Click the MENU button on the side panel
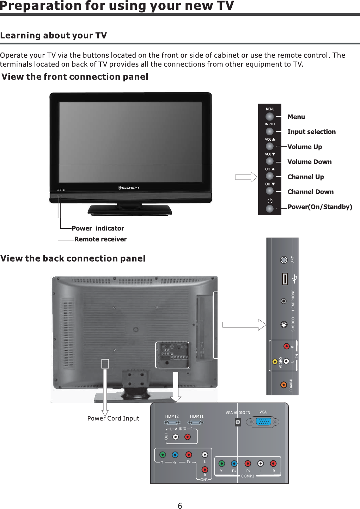[270, 116]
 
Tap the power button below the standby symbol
[270, 208]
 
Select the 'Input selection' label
[311, 132]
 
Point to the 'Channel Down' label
[310, 192]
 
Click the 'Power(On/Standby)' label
[319, 207]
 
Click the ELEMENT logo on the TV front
[129, 188]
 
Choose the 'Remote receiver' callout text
[100, 239]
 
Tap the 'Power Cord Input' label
[113, 418]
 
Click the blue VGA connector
[263, 422]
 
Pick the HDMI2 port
[172, 422]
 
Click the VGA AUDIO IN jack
[238, 422]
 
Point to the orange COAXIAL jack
[283, 385]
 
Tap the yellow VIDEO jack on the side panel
[275, 361]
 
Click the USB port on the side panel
[285, 278]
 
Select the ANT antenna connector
[284, 260]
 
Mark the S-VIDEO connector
[284, 325]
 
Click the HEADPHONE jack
[284, 301]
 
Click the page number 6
[180, 506]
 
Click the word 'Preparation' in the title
[41, 6]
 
